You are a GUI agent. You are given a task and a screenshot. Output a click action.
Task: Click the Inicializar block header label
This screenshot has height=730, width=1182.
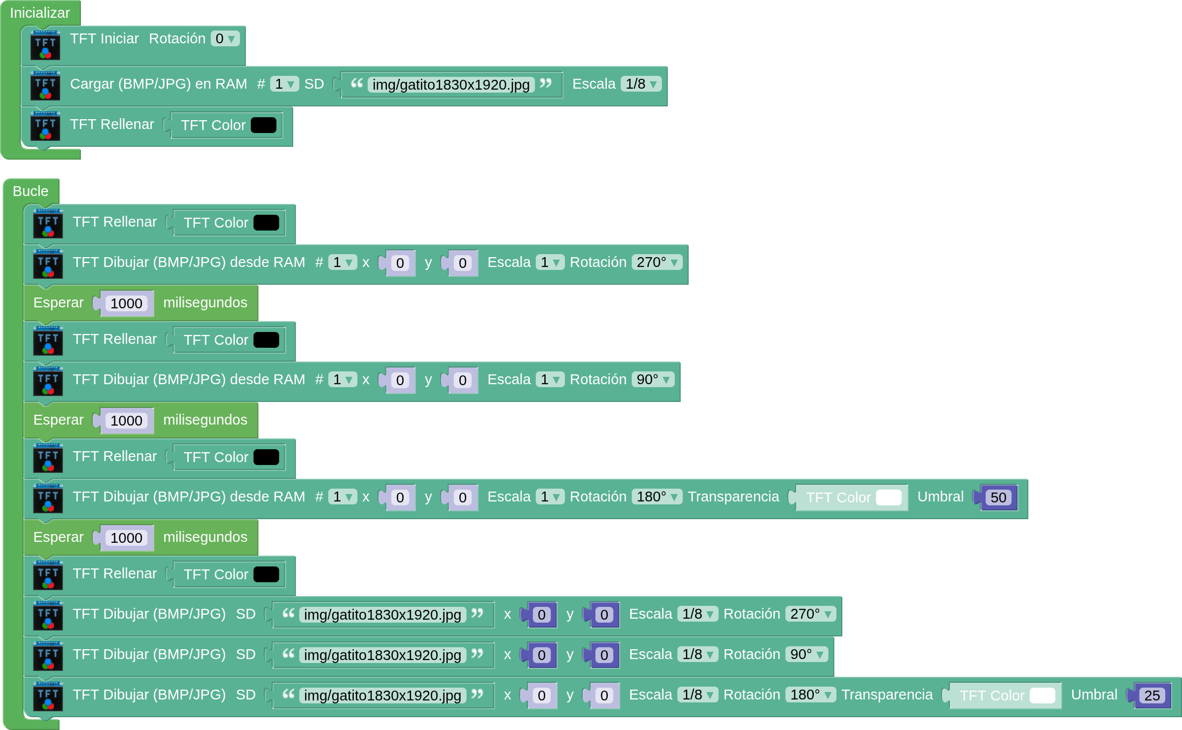click(40, 13)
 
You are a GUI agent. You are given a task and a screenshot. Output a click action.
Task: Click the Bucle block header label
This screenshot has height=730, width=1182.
click(31, 191)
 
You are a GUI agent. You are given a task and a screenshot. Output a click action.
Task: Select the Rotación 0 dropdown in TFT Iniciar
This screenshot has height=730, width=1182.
click(225, 38)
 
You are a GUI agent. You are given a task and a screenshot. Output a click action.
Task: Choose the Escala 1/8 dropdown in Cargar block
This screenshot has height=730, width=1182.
click(640, 84)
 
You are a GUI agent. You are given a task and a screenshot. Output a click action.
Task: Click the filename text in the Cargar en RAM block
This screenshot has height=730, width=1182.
click(451, 85)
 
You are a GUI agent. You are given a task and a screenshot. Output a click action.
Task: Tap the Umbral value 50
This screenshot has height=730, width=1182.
click(998, 498)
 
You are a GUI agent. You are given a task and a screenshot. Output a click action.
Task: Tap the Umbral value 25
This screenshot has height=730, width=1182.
click(1151, 696)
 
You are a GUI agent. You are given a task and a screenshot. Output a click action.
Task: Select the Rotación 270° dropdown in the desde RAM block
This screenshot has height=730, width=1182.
click(657, 262)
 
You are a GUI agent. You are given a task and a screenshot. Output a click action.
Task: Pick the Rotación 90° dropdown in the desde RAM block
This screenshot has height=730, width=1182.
click(653, 379)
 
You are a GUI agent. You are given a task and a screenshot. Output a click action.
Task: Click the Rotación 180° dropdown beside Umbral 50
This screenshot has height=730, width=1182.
click(657, 497)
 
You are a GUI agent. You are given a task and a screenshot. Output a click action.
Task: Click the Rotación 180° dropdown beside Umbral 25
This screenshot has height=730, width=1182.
click(810, 695)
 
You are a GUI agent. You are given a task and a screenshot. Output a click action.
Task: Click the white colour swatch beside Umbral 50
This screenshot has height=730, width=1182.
click(888, 498)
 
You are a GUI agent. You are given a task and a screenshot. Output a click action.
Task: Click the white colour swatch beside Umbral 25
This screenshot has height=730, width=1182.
click(1042, 696)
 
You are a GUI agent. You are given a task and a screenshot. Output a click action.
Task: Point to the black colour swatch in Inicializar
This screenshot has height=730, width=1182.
click(263, 125)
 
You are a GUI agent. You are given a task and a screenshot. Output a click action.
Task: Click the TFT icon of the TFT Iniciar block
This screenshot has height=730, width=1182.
click(45, 45)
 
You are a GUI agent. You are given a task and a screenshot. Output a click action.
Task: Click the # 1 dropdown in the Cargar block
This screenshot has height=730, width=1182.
click(284, 84)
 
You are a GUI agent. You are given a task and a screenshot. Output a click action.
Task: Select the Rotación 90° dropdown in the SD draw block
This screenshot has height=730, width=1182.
click(806, 654)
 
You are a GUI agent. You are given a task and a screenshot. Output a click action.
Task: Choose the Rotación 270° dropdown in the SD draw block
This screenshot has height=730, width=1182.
click(810, 614)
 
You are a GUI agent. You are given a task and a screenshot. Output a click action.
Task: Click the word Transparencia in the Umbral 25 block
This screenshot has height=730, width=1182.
click(887, 695)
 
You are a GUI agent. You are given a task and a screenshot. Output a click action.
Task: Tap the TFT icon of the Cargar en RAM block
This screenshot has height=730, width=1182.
click(45, 86)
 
